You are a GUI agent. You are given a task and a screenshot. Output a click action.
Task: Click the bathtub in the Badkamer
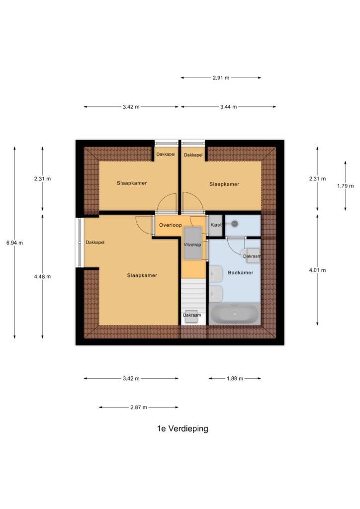coord(235,314)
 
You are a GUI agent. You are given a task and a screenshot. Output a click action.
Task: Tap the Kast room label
coord(216,225)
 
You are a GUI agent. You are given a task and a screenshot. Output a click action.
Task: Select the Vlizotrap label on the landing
coord(192,245)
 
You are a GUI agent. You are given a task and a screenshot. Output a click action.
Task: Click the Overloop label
coord(171,225)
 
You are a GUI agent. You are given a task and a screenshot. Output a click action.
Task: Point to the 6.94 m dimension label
coord(14,243)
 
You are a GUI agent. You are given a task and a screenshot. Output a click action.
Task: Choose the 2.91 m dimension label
coord(221,78)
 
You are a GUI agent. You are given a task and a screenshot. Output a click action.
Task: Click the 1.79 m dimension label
coord(346,186)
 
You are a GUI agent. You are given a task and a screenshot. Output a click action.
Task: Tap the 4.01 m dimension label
coord(317,270)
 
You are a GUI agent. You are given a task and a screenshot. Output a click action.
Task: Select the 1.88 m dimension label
coord(235,378)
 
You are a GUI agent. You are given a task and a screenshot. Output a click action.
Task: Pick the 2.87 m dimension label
coord(139,408)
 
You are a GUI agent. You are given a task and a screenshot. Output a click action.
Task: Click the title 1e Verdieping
coord(182,428)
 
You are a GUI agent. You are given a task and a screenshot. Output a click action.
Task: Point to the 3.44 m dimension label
coord(229,107)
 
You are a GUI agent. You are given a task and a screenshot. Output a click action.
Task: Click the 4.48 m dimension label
coord(43,276)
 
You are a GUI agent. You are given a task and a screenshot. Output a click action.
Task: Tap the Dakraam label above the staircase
coord(192,315)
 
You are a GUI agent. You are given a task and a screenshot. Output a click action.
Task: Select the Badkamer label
coord(241,273)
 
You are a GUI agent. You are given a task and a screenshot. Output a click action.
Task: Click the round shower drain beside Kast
coord(235,224)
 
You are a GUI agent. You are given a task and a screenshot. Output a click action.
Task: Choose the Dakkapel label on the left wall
coord(95,243)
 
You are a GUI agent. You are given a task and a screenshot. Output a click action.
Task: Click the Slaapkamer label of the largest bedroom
coord(142,275)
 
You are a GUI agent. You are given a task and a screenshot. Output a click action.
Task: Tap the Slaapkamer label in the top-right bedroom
coord(224,184)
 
